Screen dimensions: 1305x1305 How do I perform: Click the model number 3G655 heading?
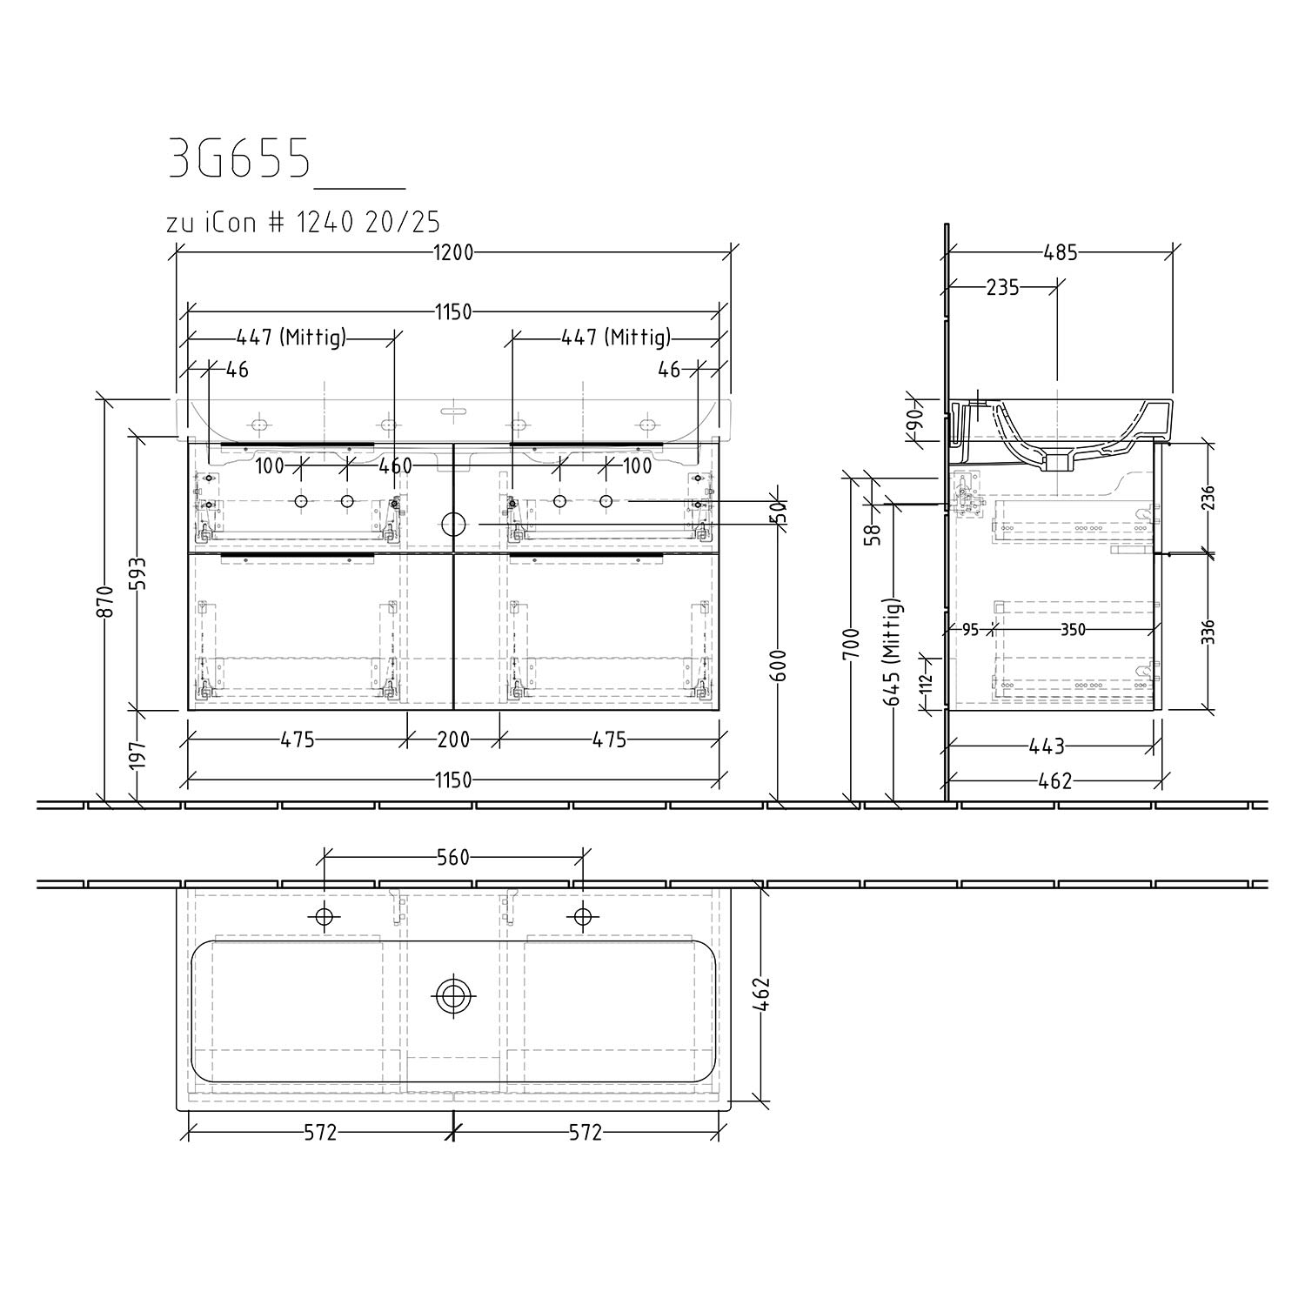(x=239, y=157)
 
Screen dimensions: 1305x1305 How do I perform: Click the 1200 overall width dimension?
(x=453, y=252)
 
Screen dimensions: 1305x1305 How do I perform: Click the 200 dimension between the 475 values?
(x=453, y=739)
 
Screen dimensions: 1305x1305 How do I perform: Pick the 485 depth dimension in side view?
(x=1061, y=252)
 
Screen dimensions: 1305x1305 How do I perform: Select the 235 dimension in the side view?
(x=1003, y=287)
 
